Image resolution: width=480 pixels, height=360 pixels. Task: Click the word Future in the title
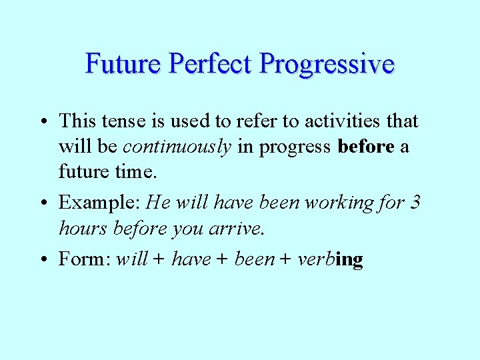(x=124, y=64)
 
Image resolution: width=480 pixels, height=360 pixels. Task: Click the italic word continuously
(x=177, y=147)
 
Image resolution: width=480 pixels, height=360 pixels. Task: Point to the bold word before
(x=366, y=147)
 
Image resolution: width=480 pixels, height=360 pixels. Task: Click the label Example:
(x=100, y=202)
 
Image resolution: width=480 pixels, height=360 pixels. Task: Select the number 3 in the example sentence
(x=415, y=202)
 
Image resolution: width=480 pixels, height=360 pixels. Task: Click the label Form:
(x=85, y=259)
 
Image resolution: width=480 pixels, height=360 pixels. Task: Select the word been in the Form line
(x=255, y=259)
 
